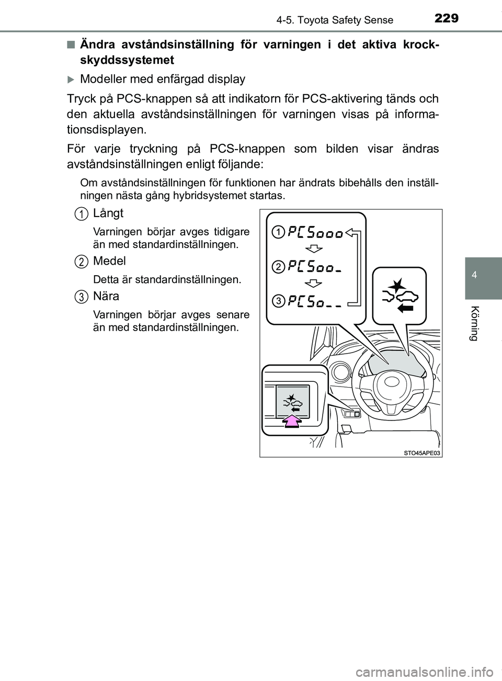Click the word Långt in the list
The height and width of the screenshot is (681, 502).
click(x=108, y=213)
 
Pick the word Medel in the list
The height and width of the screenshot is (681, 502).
click(x=109, y=261)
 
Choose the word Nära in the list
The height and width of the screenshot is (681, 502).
click(x=106, y=296)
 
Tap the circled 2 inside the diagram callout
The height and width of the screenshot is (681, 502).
click(x=280, y=267)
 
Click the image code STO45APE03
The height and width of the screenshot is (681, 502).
click(x=421, y=453)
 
